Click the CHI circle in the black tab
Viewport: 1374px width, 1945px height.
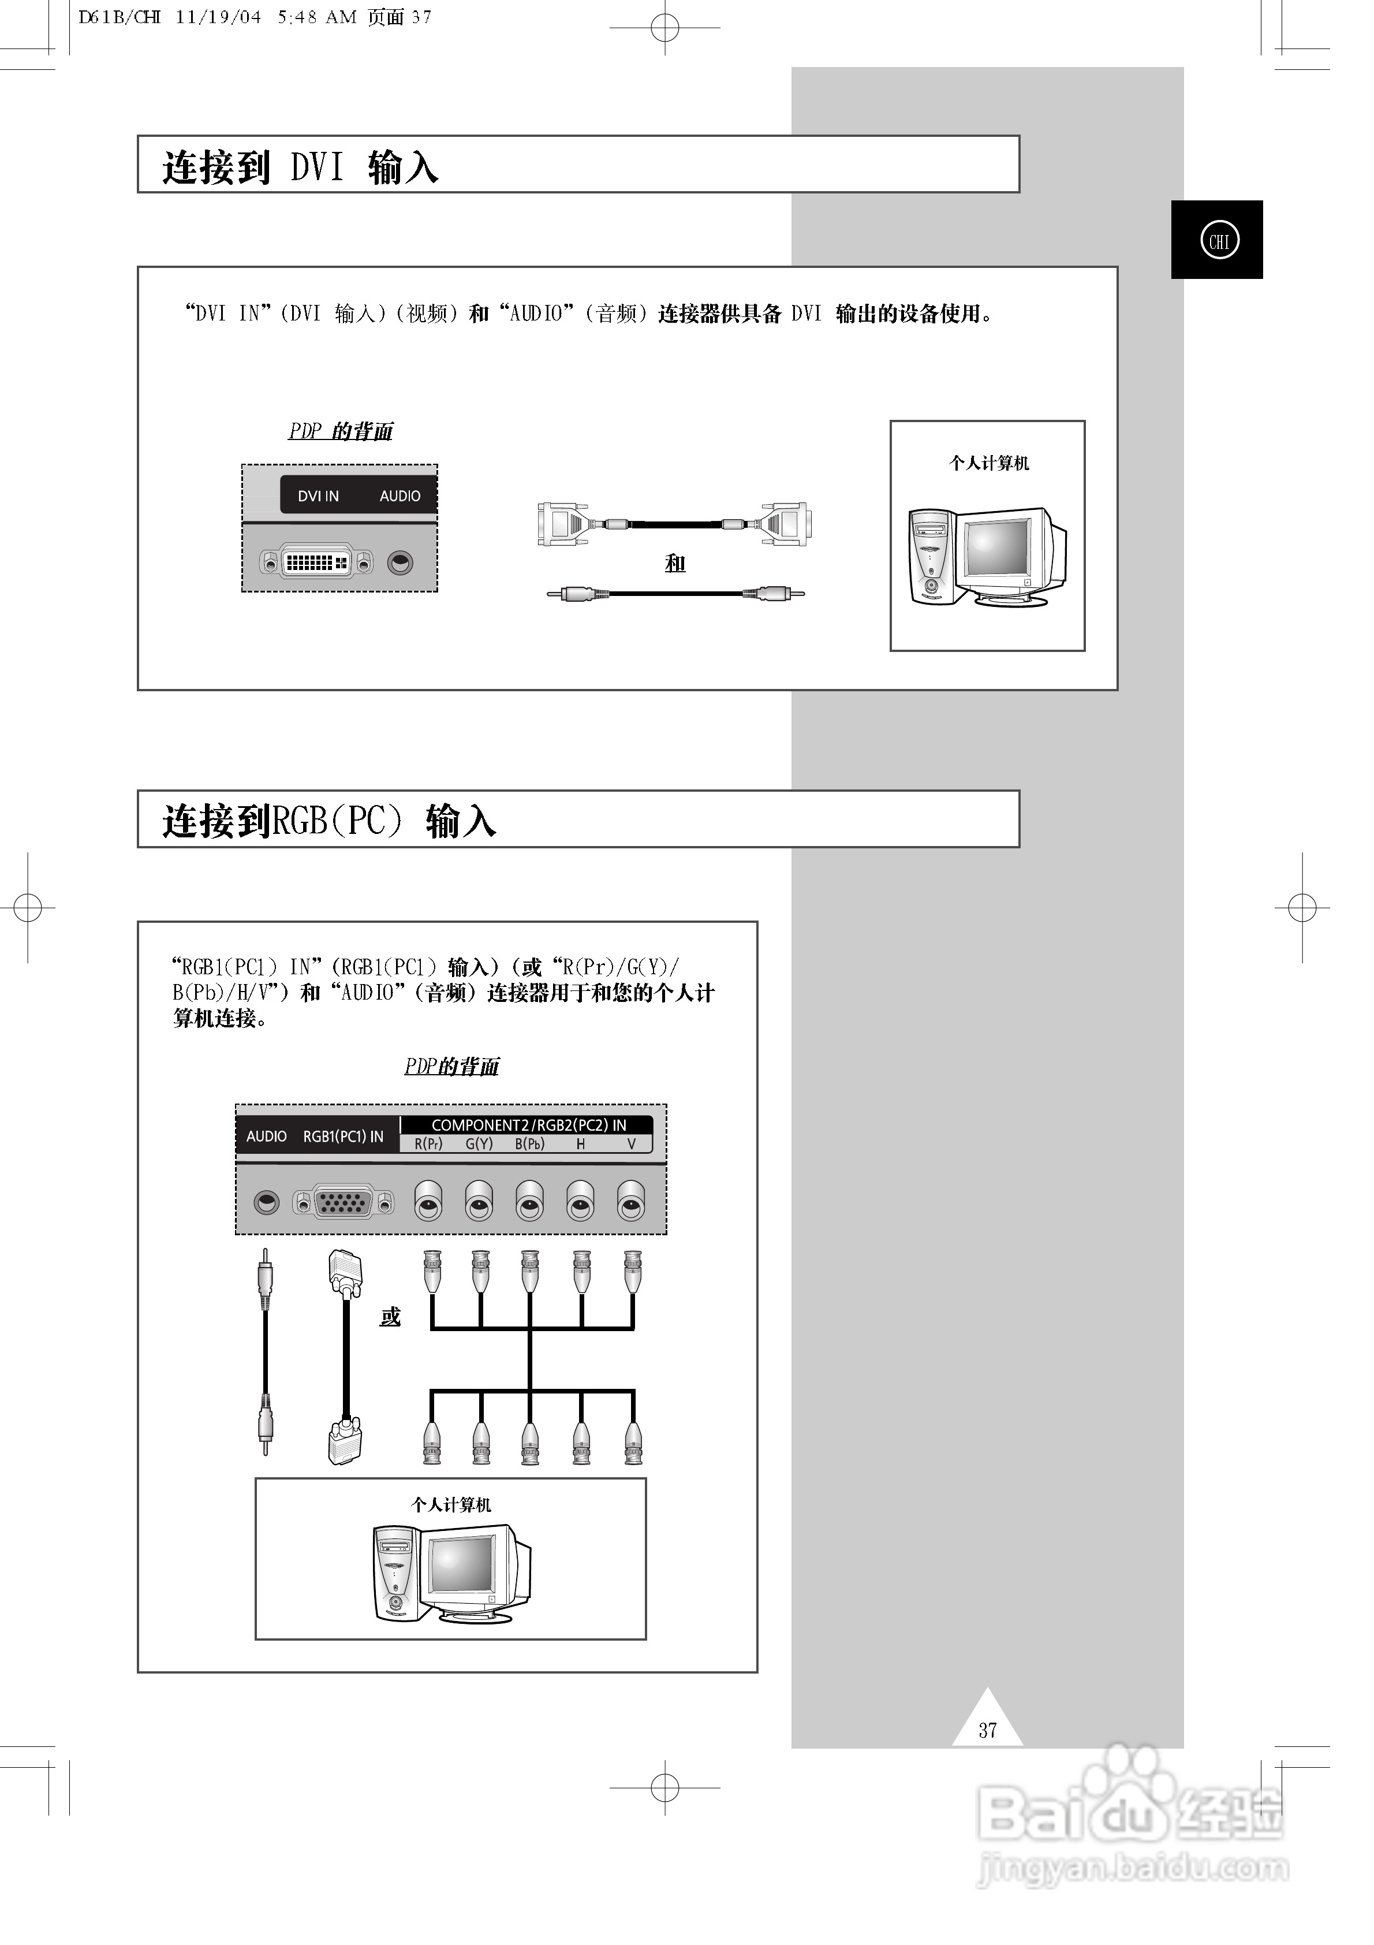[1219, 241]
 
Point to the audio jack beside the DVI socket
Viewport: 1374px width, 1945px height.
[400, 562]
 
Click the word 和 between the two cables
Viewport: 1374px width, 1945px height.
[674, 563]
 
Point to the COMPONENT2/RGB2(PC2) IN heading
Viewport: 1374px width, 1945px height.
[529, 1125]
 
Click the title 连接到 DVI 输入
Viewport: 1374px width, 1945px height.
[301, 167]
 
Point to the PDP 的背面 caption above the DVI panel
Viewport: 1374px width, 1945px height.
[341, 431]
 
